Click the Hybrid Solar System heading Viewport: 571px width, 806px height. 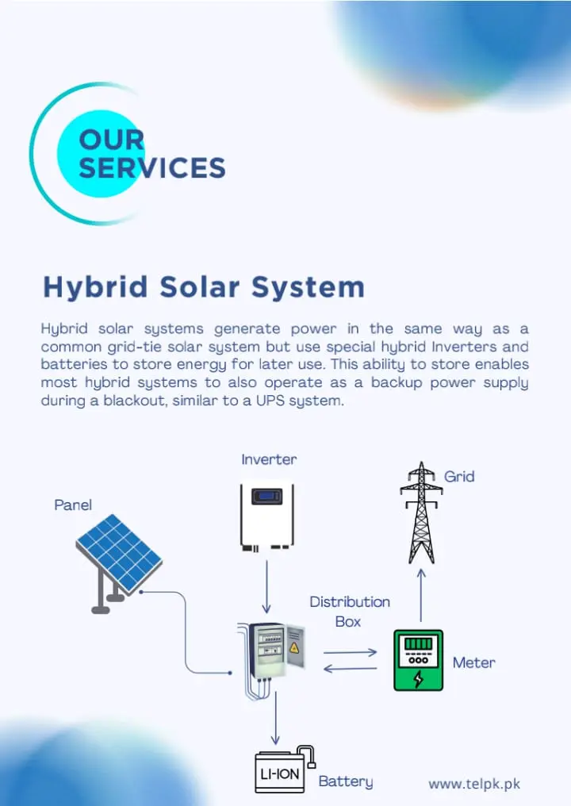pyautogui.click(x=204, y=287)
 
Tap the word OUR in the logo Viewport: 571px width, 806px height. pyautogui.click(x=112, y=140)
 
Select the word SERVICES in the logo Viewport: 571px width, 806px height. pyautogui.click(x=152, y=167)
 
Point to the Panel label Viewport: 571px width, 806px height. pyautogui.click(x=73, y=505)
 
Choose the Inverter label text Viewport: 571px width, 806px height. pyautogui.click(x=269, y=459)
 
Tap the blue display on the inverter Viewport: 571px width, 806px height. pyautogui.click(x=266, y=497)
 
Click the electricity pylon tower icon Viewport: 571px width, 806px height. pyautogui.click(x=421, y=512)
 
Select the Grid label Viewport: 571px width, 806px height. pyautogui.click(x=459, y=477)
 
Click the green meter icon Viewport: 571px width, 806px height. pyautogui.click(x=419, y=660)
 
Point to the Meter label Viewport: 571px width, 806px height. pyautogui.click(x=474, y=662)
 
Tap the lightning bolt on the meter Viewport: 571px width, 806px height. pyautogui.click(x=419, y=678)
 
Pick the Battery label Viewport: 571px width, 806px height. pyautogui.click(x=345, y=781)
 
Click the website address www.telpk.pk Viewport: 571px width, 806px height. pyautogui.click(x=474, y=784)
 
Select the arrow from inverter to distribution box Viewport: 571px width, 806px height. pyautogui.click(x=266, y=586)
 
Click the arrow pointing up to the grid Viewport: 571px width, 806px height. pyautogui.click(x=421, y=595)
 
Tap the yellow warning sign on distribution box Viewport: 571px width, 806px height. pyautogui.click(x=294, y=647)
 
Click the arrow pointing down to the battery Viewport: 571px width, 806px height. pyautogui.click(x=275, y=718)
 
